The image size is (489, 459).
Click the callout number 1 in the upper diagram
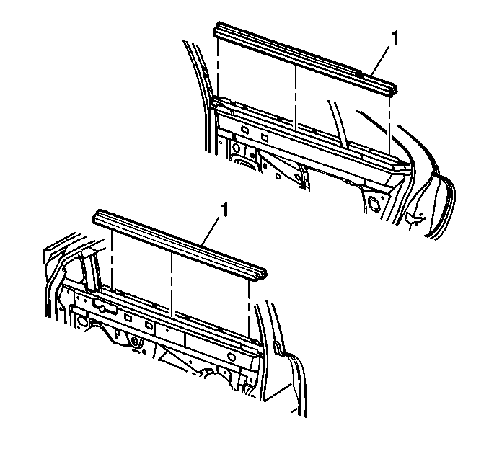tap(395, 38)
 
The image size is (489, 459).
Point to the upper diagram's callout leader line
tap(381, 60)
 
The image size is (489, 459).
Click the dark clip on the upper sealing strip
tap(358, 73)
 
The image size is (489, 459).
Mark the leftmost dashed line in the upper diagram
tap(218, 65)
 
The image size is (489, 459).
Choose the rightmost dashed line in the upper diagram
tap(389, 125)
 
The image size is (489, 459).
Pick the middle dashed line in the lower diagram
tap(172, 284)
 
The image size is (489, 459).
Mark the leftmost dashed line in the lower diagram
tap(111, 259)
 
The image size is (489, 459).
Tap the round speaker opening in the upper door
tap(374, 202)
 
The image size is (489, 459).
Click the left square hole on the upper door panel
tap(244, 129)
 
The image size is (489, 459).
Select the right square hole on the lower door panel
tap(149, 325)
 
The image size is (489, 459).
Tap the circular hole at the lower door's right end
tap(231, 357)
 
